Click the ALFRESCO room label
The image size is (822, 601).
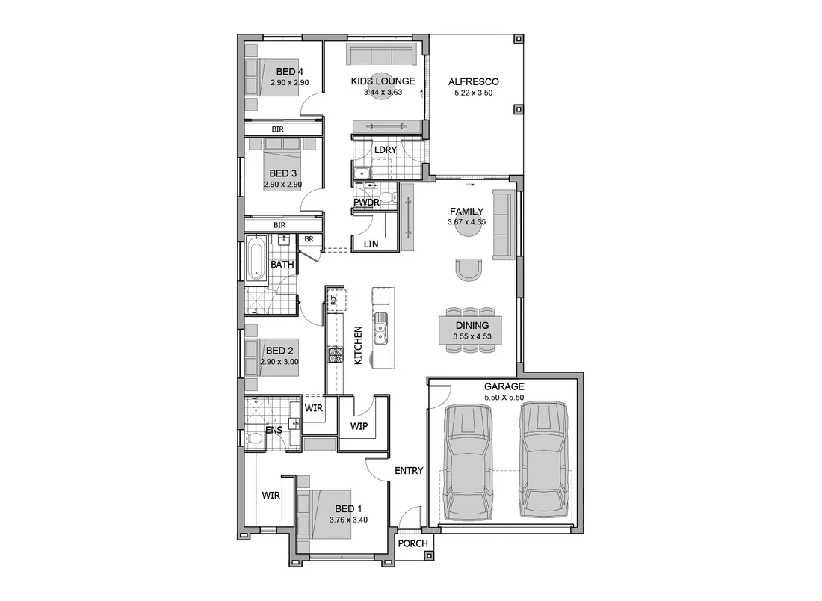coord(473,82)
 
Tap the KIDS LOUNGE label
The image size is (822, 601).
coord(383,82)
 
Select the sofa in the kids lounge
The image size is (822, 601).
coord(382,55)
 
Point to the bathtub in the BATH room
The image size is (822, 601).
coord(256,259)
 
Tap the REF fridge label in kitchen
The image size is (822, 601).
coord(333,300)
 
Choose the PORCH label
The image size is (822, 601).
coord(412,543)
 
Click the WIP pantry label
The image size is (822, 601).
coord(359,426)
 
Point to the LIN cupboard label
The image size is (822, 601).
coord(371,244)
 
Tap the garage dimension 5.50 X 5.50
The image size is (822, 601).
coord(504,398)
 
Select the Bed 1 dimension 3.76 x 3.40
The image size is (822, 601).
coord(348,520)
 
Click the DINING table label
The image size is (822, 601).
coord(471,326)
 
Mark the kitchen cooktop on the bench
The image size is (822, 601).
coord(335,355)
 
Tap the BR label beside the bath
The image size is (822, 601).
coord(309,240)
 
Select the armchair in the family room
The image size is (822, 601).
coord(469,269)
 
